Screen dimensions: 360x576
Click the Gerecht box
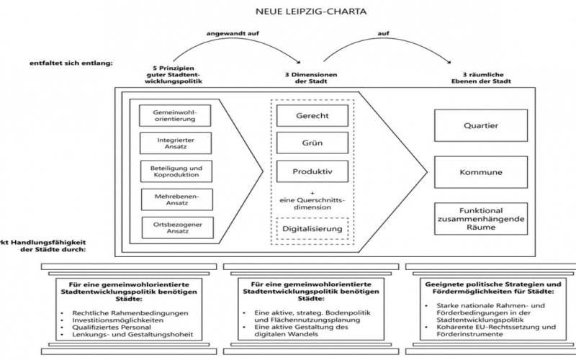point(312,115)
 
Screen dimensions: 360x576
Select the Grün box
point(312,143)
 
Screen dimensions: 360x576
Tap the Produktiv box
point(312,171)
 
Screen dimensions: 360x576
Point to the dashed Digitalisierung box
point(312,229)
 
